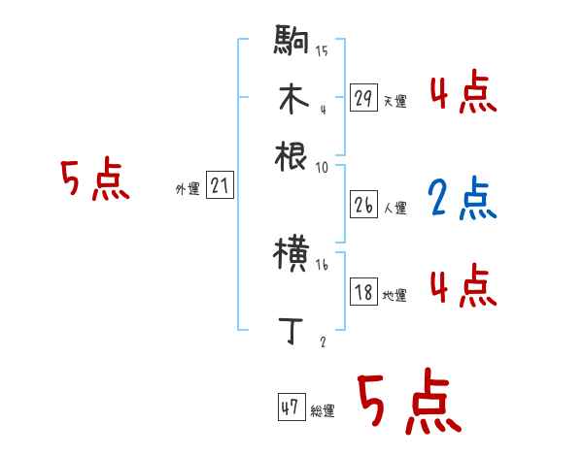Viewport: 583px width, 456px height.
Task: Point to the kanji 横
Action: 291,257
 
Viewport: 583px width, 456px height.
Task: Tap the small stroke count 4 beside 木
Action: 322,109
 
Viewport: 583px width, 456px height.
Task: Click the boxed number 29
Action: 363,97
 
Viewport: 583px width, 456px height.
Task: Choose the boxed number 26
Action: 363,204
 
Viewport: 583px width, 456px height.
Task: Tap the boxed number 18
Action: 363,293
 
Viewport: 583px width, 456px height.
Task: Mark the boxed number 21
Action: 220,185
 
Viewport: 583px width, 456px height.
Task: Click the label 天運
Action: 394,101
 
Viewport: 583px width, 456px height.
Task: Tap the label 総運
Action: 323,411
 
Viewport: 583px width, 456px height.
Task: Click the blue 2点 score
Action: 463,199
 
